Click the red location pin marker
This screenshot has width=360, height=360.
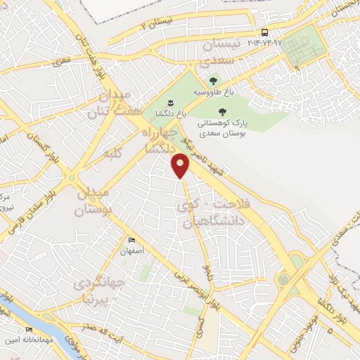click(x=181, y=166)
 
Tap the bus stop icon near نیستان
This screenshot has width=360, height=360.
click(x=264, y=32)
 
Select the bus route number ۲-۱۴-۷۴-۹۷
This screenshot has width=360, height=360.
click(x=264, y=43)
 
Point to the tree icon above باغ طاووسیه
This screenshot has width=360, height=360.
click(x=213, y=81)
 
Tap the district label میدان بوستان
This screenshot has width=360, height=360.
click(x=94, y=201)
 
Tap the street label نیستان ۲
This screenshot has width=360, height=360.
click(x=157, y=25)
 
